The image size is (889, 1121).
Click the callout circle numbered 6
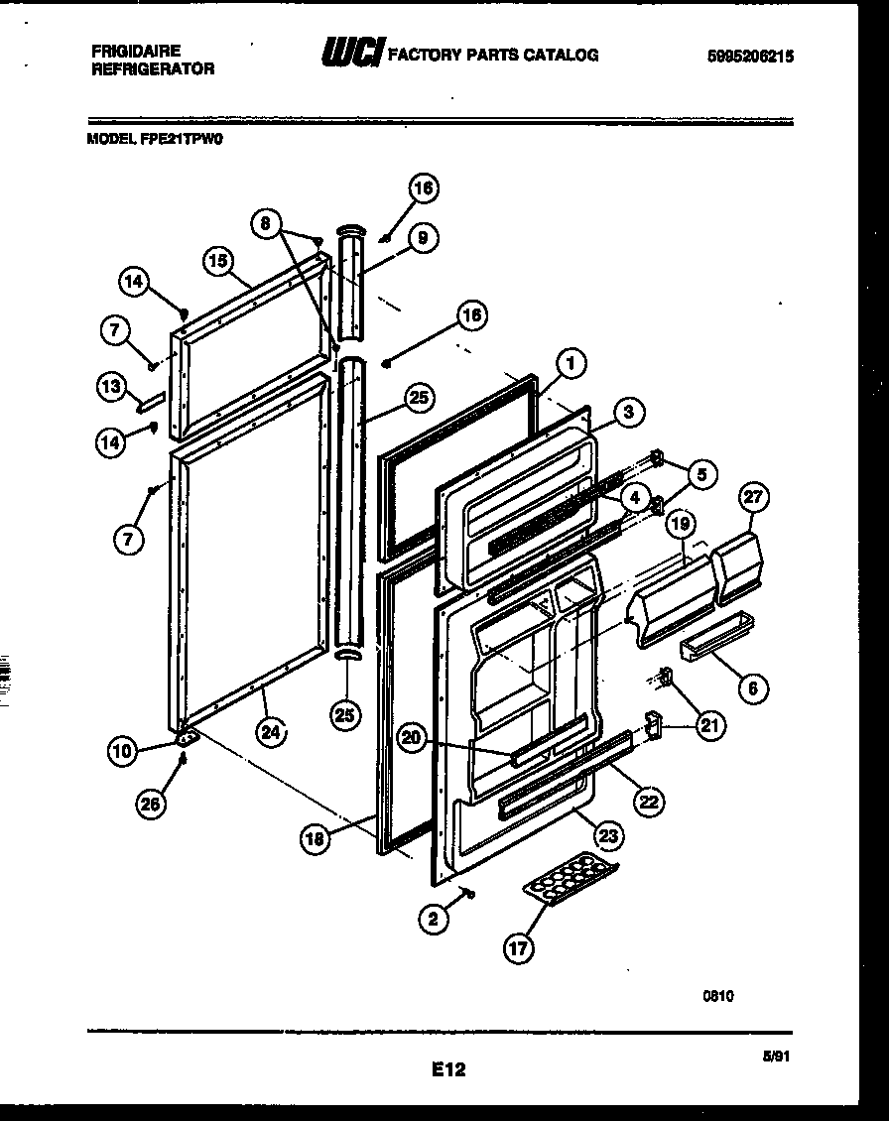tap(754, 686)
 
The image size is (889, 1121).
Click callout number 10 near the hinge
tap(123, 752)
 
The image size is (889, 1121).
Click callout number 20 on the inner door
tap(414, 737)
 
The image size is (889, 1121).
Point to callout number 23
tap(609, 836)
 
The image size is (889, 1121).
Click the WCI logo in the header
tap(350, 55)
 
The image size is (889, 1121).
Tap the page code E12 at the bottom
tap(448, 1069)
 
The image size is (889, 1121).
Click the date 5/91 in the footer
tap(779, 1059)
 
